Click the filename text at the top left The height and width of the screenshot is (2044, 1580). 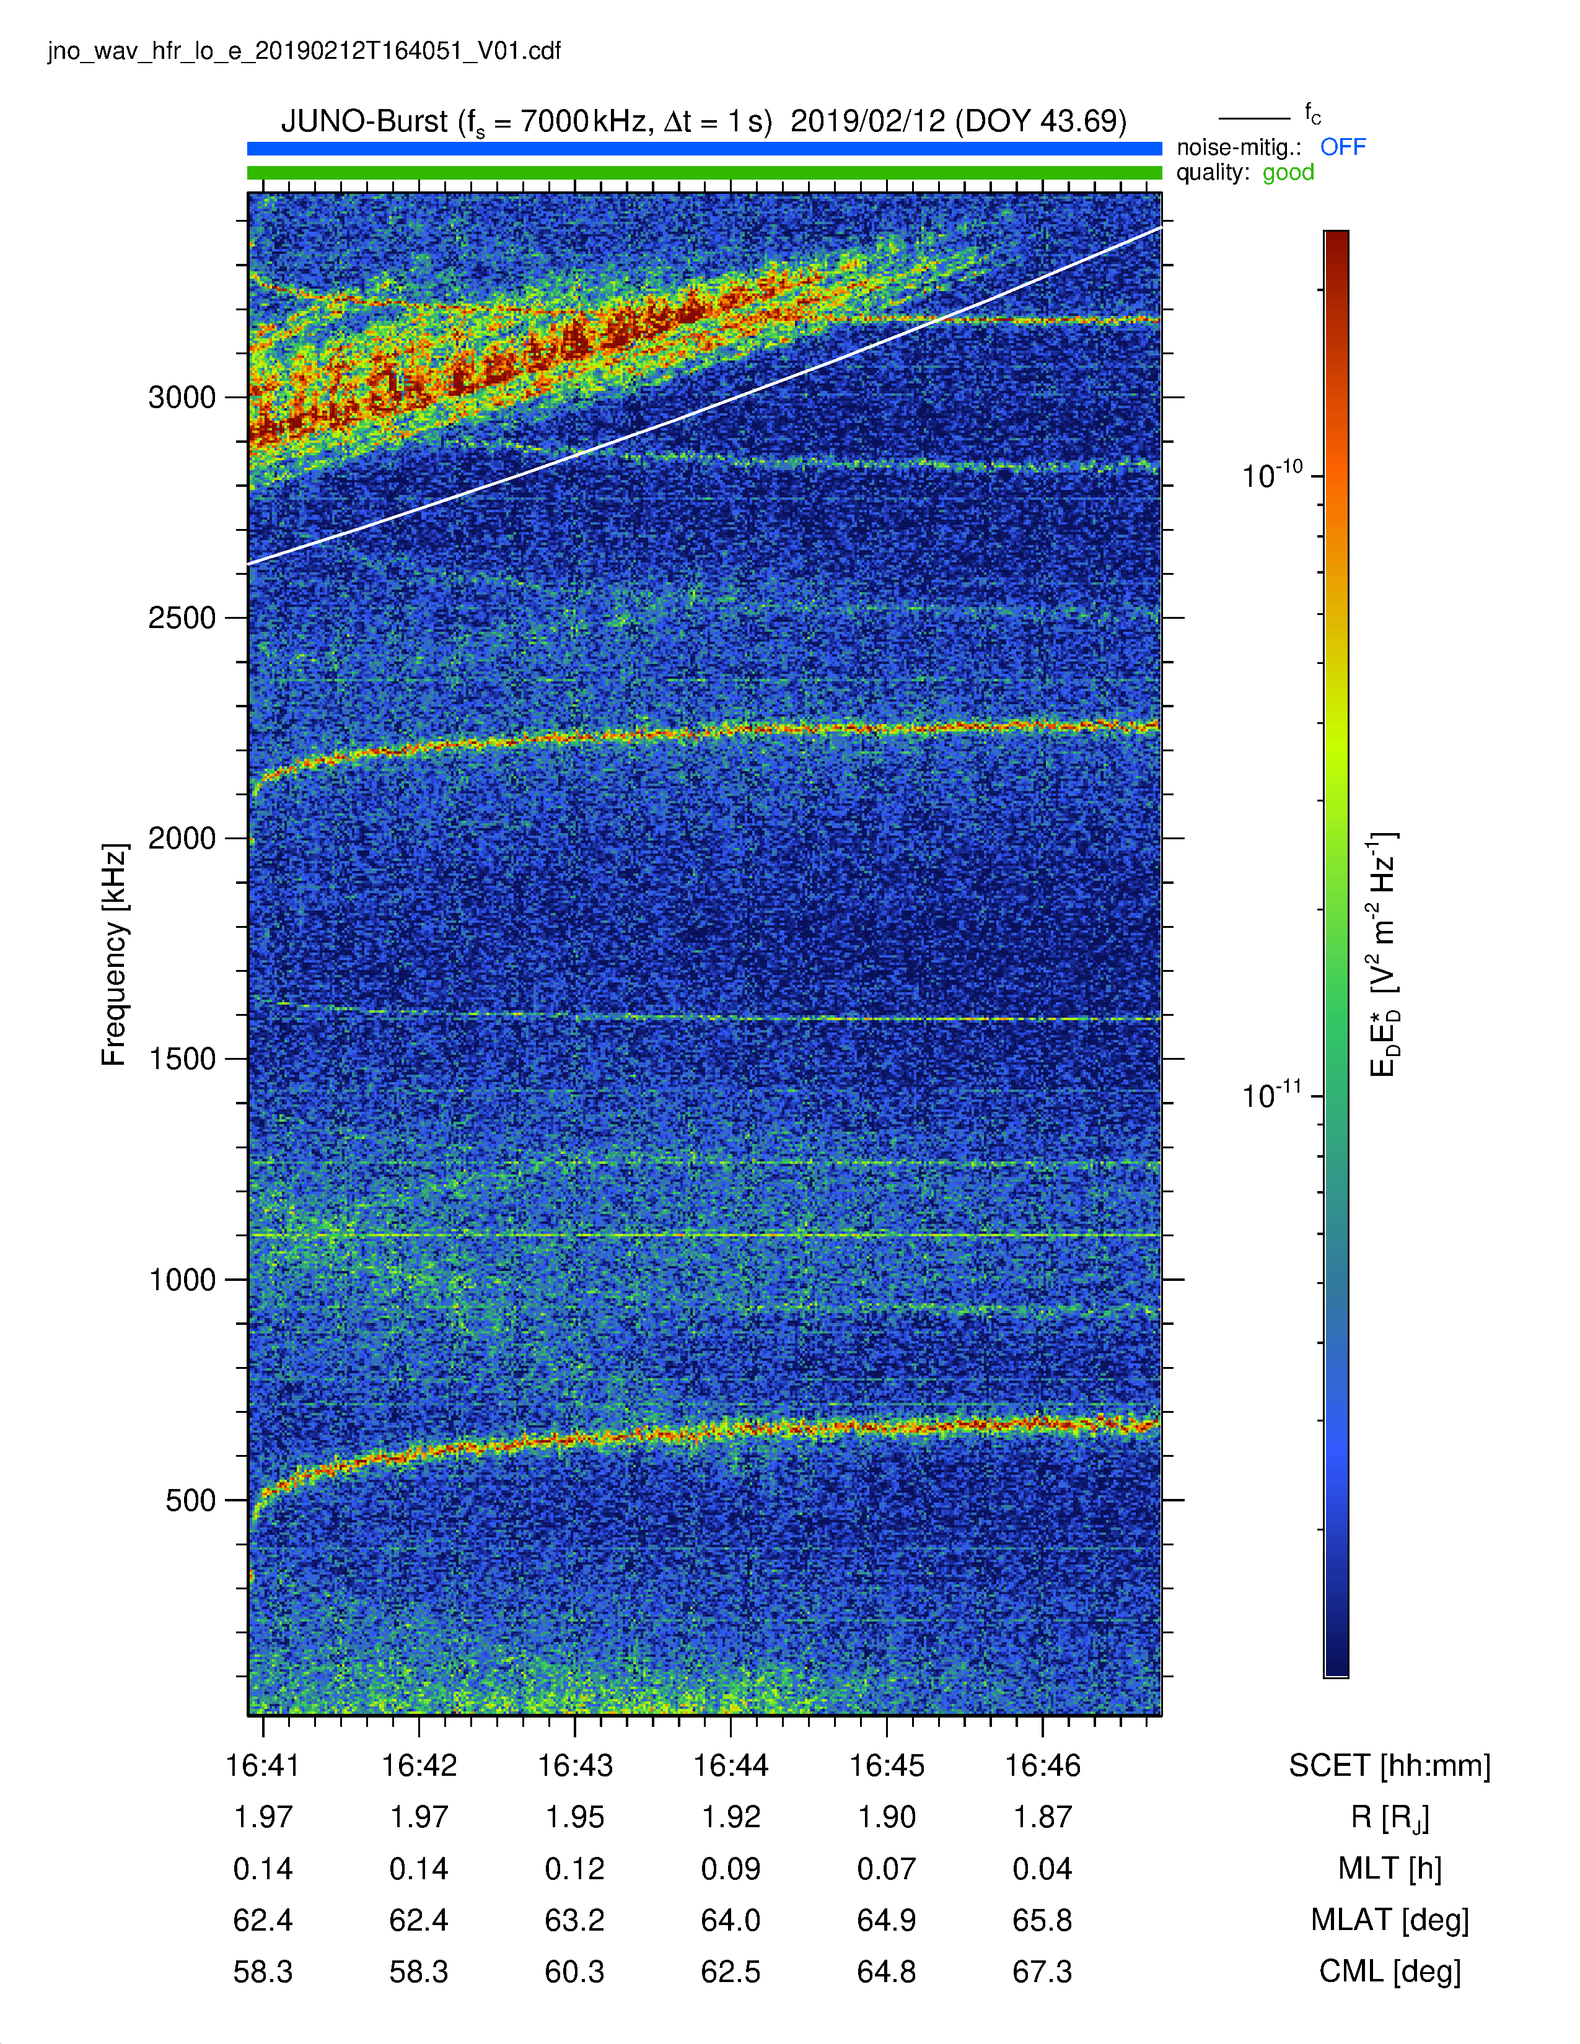pos(304,51)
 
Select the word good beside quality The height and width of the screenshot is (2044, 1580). pos(1288,172)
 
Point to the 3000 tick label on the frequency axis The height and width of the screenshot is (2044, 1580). pos(183,398)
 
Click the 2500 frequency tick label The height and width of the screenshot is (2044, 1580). pos(183,618)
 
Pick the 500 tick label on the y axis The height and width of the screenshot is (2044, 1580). pos(191,1500)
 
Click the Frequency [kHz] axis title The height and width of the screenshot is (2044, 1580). pos(114,954)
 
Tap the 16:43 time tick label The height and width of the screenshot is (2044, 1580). pos(575,1766)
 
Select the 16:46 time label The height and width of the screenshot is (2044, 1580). pos(1043,1766)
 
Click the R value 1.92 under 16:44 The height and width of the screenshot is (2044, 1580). pos(731,1817)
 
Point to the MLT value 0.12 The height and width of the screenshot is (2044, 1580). pos(575,1869)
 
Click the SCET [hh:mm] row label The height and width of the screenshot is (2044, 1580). pos(1389,1766)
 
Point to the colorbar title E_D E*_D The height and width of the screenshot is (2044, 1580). pos(1384,954)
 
